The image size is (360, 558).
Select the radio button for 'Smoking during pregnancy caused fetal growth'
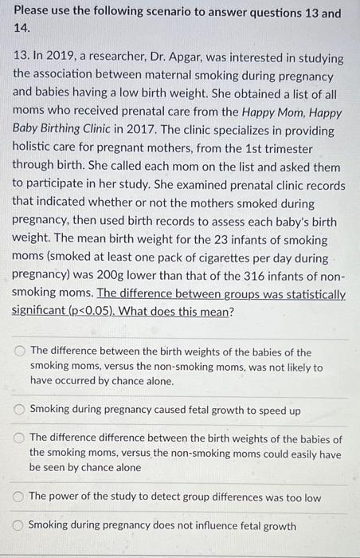point(19,411)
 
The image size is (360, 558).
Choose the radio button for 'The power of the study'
point(19,497)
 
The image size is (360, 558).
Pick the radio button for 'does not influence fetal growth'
point(19,526)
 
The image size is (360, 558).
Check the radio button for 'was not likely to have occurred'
point(19,352)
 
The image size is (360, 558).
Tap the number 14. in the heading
point(23,29)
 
